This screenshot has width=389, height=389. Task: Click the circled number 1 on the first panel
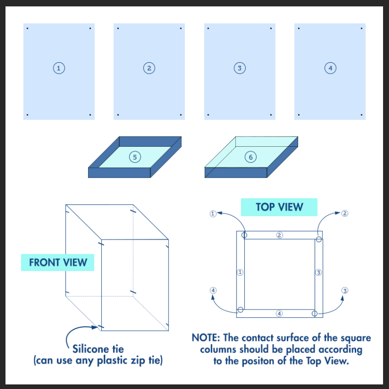(58, 68)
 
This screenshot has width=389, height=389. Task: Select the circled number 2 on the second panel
(149, 68)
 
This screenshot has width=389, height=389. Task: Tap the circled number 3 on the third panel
(239, 68)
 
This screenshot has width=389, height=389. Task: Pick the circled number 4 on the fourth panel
(330, 68)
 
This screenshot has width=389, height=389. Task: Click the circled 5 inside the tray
(134, 157)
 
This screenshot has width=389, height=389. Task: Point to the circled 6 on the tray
(251, 157)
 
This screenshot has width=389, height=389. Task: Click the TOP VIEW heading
(279, 207)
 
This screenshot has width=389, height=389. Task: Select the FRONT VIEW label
(58, 262)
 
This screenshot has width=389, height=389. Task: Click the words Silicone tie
(98, 349)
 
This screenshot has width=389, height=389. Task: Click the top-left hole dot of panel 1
(27, 29)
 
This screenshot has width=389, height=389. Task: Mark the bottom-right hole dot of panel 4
(361, 115)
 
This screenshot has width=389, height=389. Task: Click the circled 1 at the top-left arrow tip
(213, 213)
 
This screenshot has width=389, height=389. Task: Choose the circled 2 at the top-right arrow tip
(345, 213)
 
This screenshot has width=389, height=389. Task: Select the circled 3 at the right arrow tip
(345, 291)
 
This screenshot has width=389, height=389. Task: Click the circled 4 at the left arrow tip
(213, 290)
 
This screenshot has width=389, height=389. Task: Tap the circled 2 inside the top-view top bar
(279, 235)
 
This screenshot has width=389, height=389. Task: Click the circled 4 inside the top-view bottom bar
(279, 314)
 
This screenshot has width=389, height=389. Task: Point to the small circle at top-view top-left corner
(245, 235)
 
